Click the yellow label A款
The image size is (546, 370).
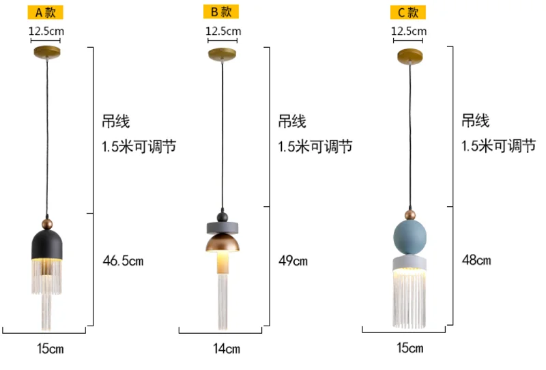click(x=46, y=12)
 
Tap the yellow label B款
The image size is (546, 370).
click(x=220, y=12)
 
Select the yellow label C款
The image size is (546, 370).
click(x=407, y=12)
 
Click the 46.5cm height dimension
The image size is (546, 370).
click(x=124, y=260)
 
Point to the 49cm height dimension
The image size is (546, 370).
click(x=293, y=260)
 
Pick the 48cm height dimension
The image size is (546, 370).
click(x=476, y=260)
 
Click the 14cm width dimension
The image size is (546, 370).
click(x=227, y=349)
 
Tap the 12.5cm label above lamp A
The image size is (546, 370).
click(x=46, y=31)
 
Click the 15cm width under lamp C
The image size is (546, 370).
click(x=409, y=348)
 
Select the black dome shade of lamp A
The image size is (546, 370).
click(x=46, y=244)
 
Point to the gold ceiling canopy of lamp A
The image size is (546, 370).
click(x=46, y=51)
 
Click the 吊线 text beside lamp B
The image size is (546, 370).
click(x=292, y=122)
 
